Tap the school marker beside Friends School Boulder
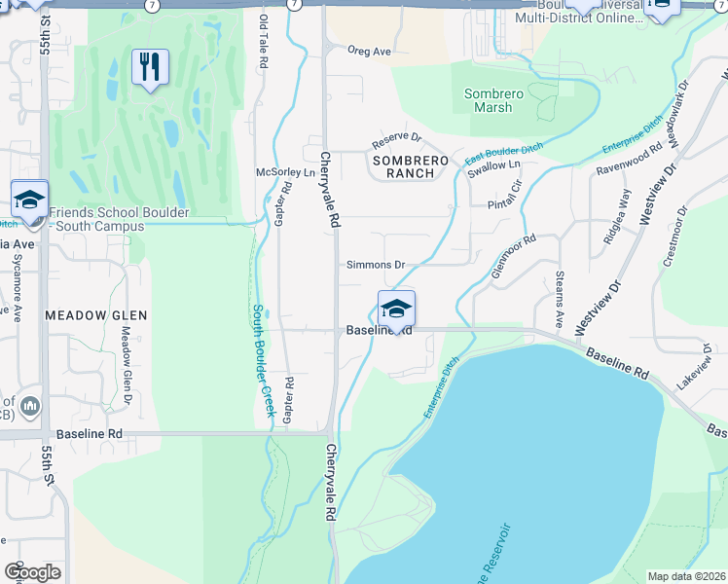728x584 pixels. (x=29, y=201)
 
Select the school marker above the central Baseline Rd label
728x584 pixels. (x=396, y=310)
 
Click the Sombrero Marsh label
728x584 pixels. (x=494, y=100)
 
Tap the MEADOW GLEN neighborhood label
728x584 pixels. (x=96, y=315)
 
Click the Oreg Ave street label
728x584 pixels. (x=369, y=52)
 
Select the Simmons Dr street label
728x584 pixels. (x=375, y=265)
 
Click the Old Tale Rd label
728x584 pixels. (x=263, y=41)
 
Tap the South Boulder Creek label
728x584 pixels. (x=264, y=360)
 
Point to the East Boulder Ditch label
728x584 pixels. (x=502, y=152)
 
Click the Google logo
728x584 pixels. (x=32, y=572)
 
